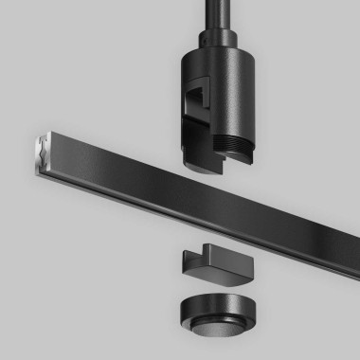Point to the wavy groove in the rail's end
pyautogui.click(x=42, y=148)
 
